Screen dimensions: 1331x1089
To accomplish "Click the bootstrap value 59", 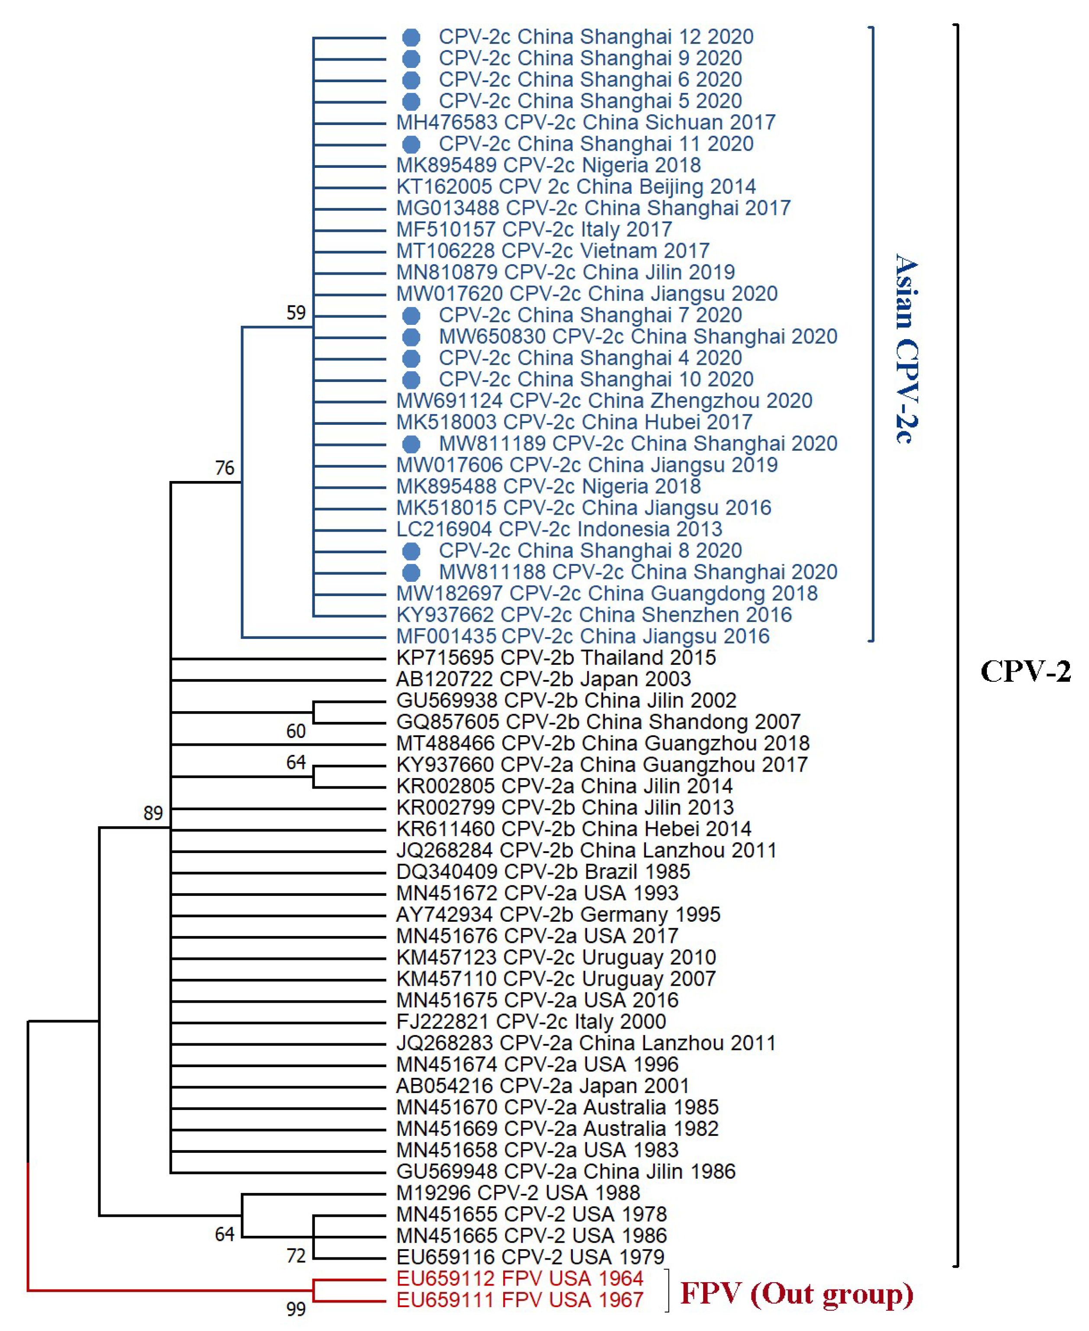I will (x=296, y=312).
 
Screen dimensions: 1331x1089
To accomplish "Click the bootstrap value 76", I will (x=224, y=468).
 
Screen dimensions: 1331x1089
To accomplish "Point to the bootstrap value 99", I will (x=296, y=1309).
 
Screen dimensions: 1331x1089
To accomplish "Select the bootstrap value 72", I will (x=296, y=1256).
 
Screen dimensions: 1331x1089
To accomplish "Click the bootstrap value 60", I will (x=296, y=731).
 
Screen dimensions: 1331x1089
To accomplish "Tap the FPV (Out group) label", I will (x=797, y=1293).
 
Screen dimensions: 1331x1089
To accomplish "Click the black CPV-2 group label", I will (x=1025, y=671).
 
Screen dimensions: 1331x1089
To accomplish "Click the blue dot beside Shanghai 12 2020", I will (x=411, y=38).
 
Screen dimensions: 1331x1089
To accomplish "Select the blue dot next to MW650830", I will (x=411, y=337).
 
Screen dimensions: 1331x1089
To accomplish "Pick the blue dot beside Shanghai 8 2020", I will (x=411, y=552).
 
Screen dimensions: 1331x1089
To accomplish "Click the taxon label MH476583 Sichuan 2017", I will (x=585, y=122).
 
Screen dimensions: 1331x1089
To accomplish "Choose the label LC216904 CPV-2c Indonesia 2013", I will (x=559, y=529).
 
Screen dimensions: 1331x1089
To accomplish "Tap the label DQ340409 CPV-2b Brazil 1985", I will (x=543, y=872).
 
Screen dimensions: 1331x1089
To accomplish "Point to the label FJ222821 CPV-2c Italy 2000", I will (x=531, y=1021).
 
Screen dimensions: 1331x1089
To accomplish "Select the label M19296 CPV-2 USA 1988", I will (x=517, y=1193).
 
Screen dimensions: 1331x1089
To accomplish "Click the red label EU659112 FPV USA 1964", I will (x=520, y=1278).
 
